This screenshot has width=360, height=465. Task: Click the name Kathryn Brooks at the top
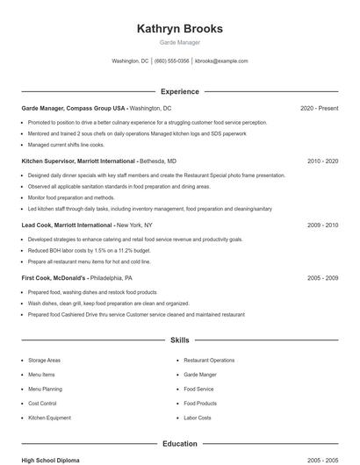(180, 28)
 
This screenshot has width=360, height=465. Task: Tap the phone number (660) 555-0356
(172, 61)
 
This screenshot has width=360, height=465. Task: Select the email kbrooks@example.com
(221, 61)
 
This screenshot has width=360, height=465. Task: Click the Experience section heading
(180, 91)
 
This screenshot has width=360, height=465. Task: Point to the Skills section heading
(180, 340)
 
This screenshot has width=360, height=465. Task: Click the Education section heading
(180, 444)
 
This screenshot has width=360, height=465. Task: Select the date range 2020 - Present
(319, 109)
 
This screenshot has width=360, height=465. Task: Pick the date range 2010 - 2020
(322, 161)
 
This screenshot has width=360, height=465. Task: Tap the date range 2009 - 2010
(322, 225)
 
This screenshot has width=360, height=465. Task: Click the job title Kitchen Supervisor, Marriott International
(79, 161)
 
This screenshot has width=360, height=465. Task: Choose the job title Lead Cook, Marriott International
(67, 225)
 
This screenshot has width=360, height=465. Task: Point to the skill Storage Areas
(44, 361)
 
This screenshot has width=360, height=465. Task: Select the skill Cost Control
(42, 404)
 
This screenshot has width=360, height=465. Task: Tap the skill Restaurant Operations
(209, 361)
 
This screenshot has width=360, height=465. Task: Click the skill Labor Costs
(197, 418)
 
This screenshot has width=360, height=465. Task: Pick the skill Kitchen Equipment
(49, 418)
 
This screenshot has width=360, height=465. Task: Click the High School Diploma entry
(50, 460)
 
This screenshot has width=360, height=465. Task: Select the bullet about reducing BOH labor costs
(89, 250)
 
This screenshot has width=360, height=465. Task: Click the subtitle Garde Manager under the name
(180, 42)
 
